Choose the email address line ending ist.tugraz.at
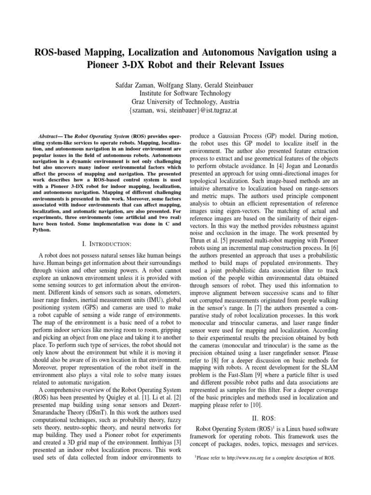pos(185,111)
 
